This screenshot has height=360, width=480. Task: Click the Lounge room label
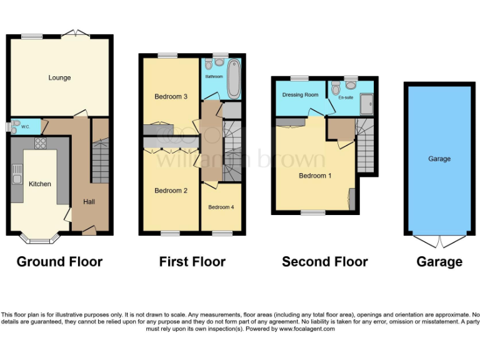click(59, 77)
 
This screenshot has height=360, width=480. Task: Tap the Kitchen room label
click(40, 184)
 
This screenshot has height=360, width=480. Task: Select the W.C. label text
click(26, 127)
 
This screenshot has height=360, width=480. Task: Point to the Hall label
click(89, 202)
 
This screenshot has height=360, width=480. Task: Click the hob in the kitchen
click(41, 143)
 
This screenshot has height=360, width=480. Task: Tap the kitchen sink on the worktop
click(17, 174)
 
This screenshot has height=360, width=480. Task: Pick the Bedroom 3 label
click(171, 96)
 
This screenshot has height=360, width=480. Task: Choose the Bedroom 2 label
click(171, 191)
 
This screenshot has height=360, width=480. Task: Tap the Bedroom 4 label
click(221, 207)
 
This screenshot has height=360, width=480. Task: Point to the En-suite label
click(346, 97)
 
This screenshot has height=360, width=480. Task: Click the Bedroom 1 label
click(315, 176)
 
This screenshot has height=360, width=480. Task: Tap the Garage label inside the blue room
click(439, 159)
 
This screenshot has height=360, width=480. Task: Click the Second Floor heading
click(324, 261)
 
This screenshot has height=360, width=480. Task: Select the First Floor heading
click(192, 261)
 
